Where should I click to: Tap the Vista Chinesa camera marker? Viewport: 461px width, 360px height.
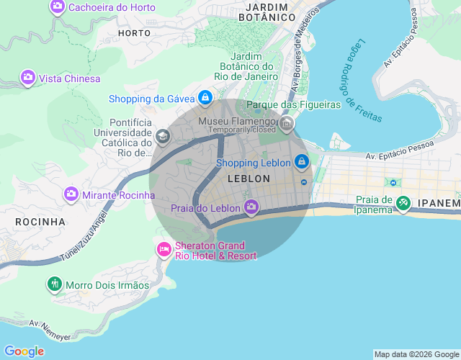tap(28, 78)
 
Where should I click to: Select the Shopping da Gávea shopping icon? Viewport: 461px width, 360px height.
tap(205, 97)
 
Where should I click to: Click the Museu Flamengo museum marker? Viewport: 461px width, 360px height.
tap(287, 125)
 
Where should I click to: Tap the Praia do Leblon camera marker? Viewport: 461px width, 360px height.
tap(251, 208)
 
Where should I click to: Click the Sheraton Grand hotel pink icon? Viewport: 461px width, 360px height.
tap(164, 250)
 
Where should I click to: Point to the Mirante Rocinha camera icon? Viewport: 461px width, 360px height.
tap(71, 194)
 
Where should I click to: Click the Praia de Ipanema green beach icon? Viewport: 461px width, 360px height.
tap(403, 204)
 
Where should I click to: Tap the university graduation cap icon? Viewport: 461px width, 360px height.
tap(163, 136)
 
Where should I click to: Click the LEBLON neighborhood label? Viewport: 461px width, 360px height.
tap(248, 178)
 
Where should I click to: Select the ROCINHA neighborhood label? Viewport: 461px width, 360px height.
tap(40, 222)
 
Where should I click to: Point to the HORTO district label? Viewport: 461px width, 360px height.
tap(134, 33)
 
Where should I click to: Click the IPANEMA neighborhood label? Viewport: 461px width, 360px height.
tap(439, 204)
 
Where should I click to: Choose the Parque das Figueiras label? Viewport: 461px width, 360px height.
tap(293, 105)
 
